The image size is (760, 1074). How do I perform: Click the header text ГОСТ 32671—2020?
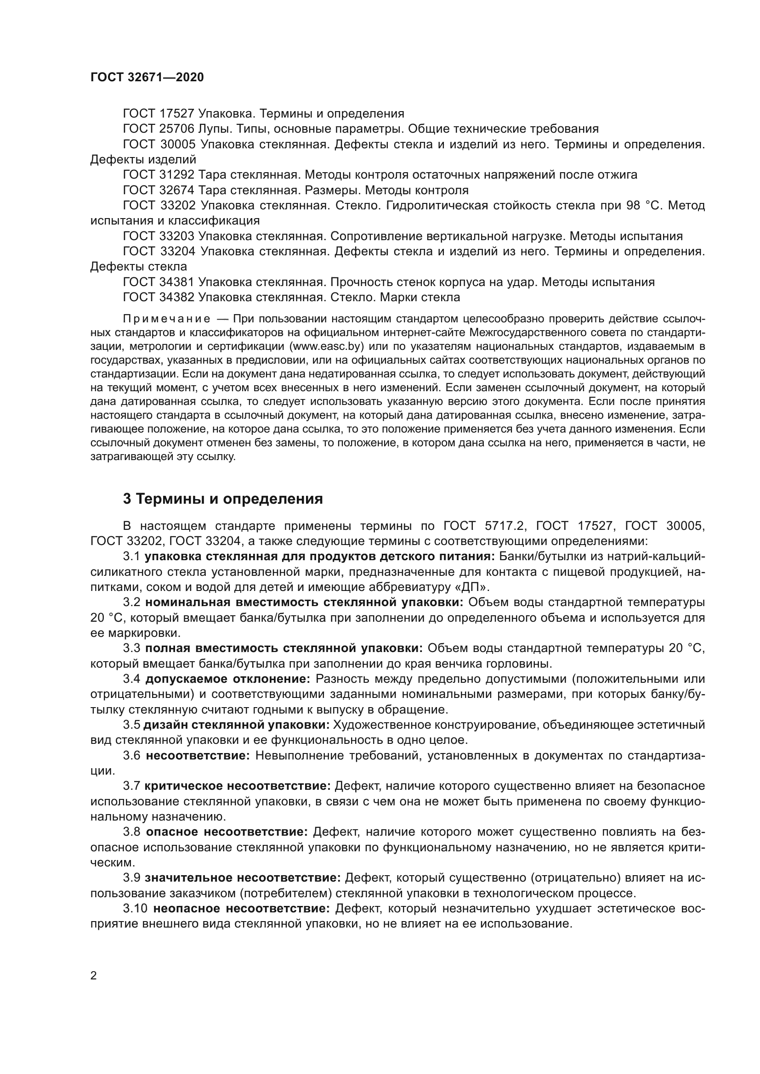point(147,78)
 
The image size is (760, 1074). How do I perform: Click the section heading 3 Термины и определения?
point(223,499)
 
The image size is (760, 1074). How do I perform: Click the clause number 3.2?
point(131,602)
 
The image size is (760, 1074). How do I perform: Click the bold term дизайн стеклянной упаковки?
point(236,725)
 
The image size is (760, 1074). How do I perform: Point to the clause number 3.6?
point(131,755)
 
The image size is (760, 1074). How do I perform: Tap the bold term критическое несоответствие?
point(238,786)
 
